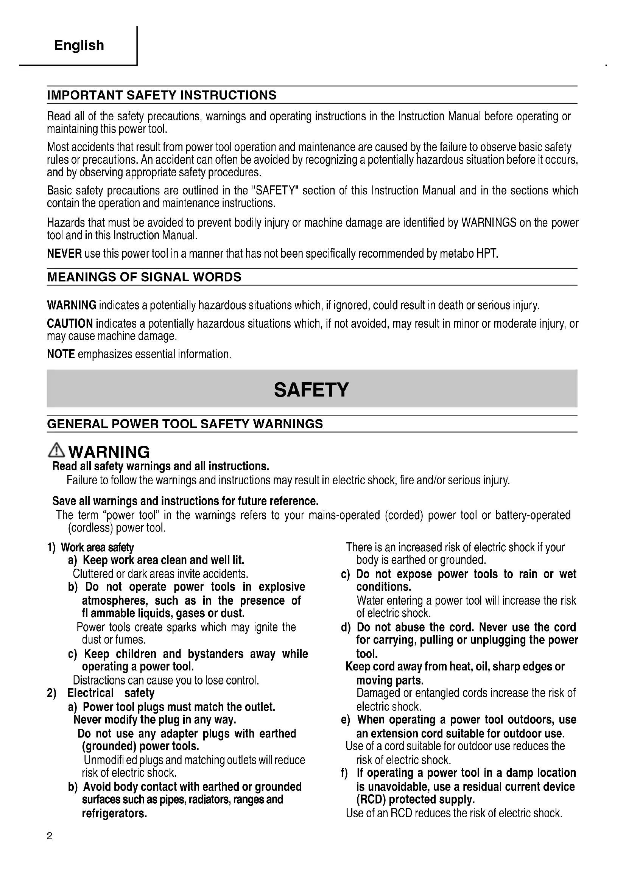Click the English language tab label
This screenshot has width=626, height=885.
pos(79,45)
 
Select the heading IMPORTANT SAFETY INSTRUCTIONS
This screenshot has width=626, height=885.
pos(162,95)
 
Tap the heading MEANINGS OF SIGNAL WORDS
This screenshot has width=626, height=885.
pos(144,277)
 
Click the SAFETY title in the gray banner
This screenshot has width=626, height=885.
pos(311,390)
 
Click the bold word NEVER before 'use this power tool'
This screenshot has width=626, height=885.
pos(64,254)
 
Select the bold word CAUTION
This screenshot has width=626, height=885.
pos(70,324)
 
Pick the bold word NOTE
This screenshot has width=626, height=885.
pos(61,354)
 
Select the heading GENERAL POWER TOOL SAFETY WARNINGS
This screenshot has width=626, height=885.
pos(185,424)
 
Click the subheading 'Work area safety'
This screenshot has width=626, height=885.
pos(97,547)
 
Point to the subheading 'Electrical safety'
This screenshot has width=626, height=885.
pos(111,693)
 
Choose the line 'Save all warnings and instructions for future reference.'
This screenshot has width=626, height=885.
pos(185,501)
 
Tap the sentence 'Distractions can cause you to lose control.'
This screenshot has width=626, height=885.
pos(166,680)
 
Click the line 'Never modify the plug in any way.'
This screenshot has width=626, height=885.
pos(154,720)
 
